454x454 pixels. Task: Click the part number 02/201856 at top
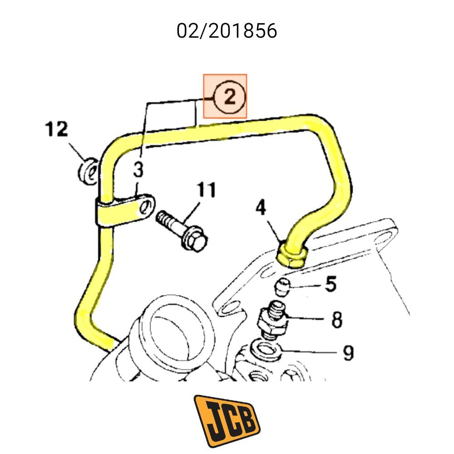pos(227,31)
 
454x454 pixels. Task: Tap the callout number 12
pos(56,129)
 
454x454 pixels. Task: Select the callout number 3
pos(138,171)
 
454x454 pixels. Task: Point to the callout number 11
pos(207,190)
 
